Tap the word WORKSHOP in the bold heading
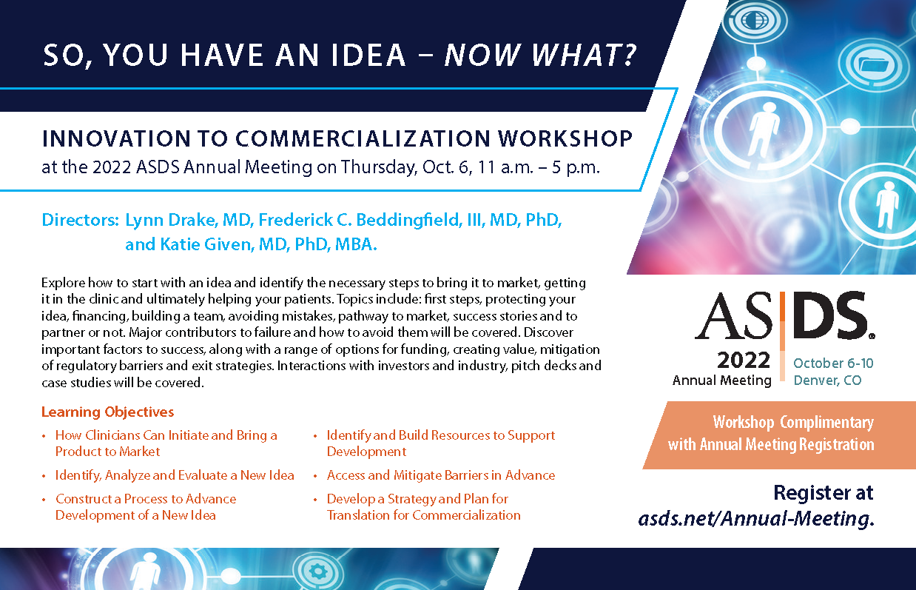click(x=565, y=138)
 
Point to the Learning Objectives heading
click(x=107, y=412)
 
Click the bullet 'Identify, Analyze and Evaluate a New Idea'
click(x=175, y=475)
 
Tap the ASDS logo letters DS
click(x=832, y=315)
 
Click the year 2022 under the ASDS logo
click(x=744, y=361)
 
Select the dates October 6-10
click(x=833, y=363)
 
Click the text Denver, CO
click(x=827, y=381)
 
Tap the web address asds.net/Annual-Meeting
click(x=755, y=518)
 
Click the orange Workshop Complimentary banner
click(x=779, y=435)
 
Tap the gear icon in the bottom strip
click(x=317, y=571)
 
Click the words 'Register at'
click(x=824, y=492)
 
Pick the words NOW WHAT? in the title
click(x=541, y=55)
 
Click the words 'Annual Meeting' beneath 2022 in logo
click(x=721, y=381)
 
